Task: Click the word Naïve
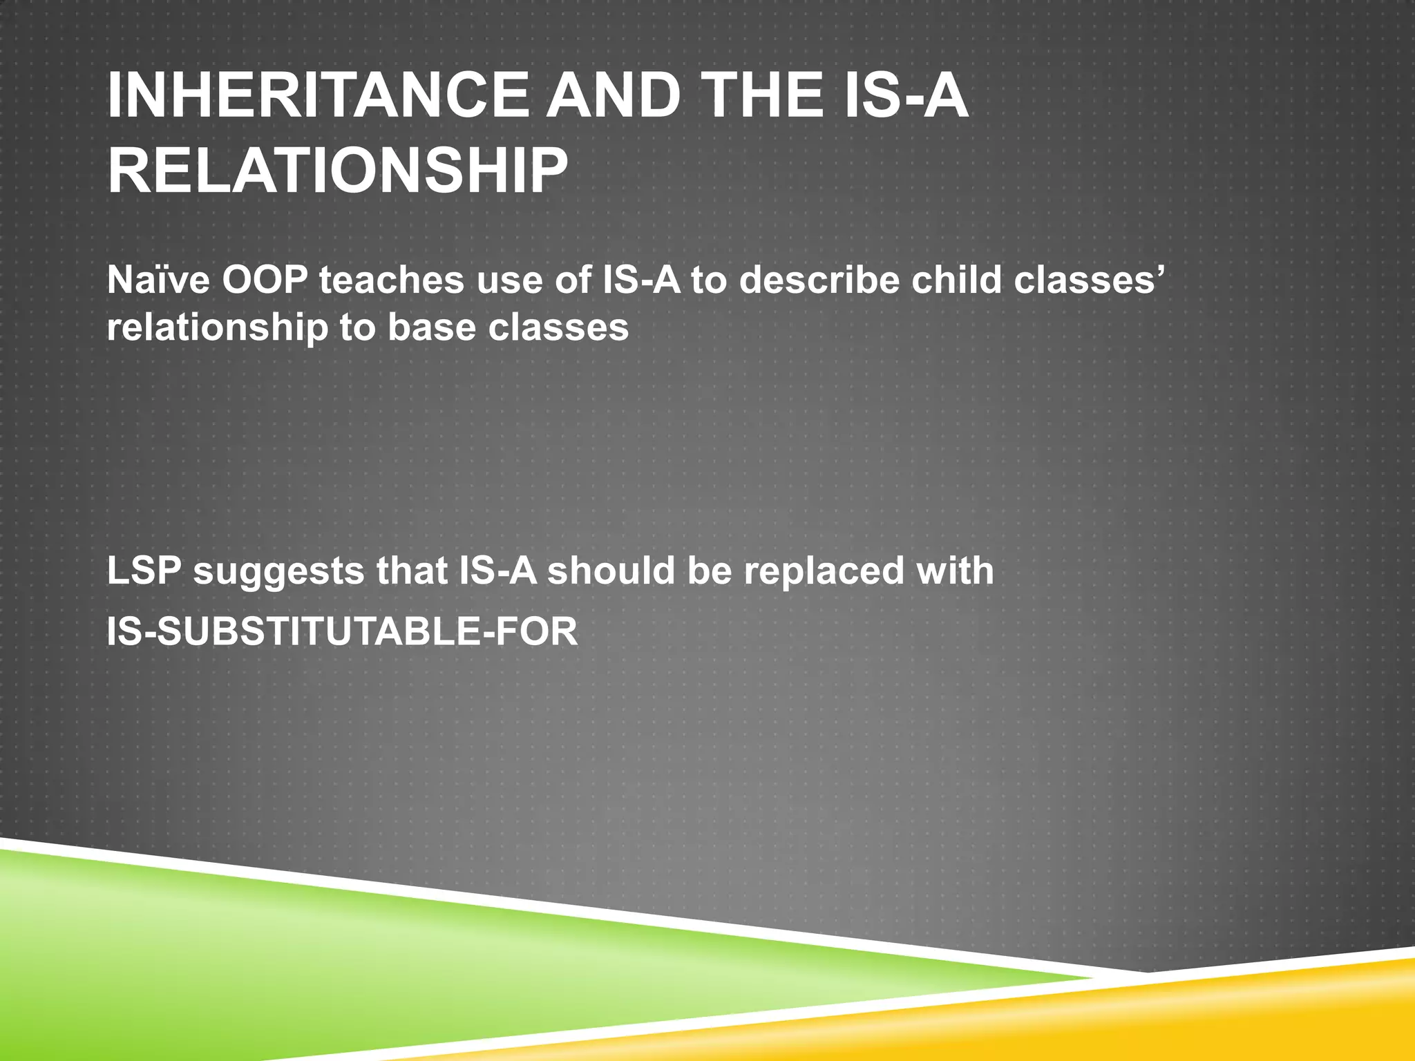point(158,281)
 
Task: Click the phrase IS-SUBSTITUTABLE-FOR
point(342,632)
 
